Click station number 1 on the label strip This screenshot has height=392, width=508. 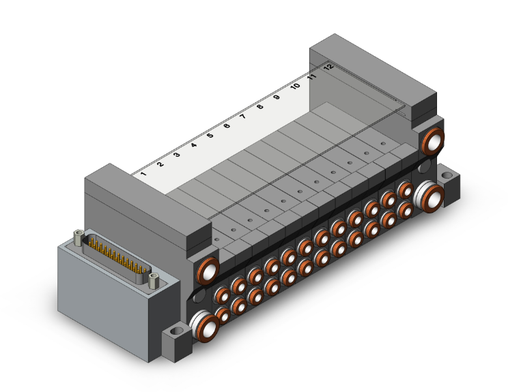click(x=143, y=174)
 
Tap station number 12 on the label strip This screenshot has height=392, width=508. click(x=328, y=67)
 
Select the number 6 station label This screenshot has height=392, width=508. click(x=227, y=125)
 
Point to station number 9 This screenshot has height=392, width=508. click(x=277, y=97)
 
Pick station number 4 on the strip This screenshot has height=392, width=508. click(x=194, y=145)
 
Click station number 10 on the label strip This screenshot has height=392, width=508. click(x=295, y=87)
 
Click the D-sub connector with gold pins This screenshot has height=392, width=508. click(x=117, y=258)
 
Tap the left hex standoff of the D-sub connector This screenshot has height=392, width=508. click(x=79, y=237)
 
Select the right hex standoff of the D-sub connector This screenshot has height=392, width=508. click(x=154, y=280)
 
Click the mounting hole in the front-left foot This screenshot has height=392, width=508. click(x=177, y=331)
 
